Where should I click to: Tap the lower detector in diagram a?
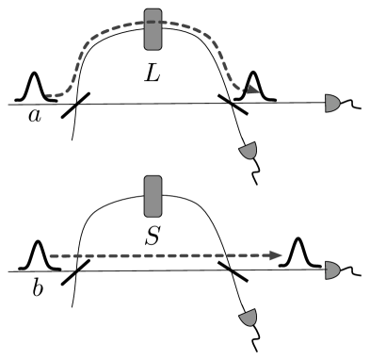pyautogui.click(x=250, y=151)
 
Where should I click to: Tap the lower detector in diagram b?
pyautogui.click(x=251, y=320)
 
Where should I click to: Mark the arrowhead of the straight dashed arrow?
pyautogui.click(x=281, y=254)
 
